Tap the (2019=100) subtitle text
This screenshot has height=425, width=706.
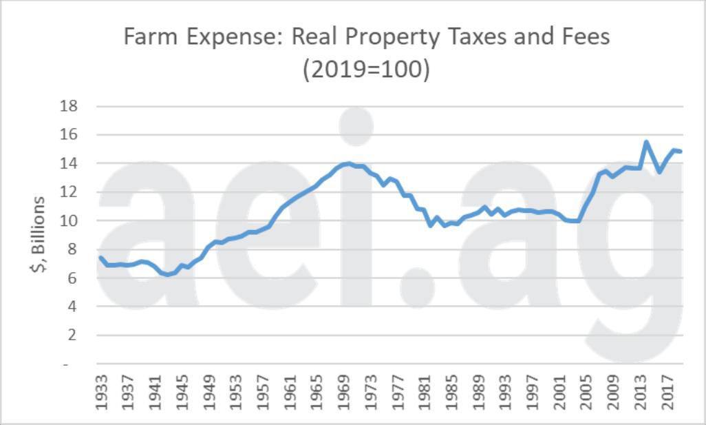pos(366,70)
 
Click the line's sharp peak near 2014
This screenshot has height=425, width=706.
pos(646,142)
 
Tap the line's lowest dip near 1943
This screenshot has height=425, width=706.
pos(167,275)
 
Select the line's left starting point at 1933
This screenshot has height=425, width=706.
pos(100,258)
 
